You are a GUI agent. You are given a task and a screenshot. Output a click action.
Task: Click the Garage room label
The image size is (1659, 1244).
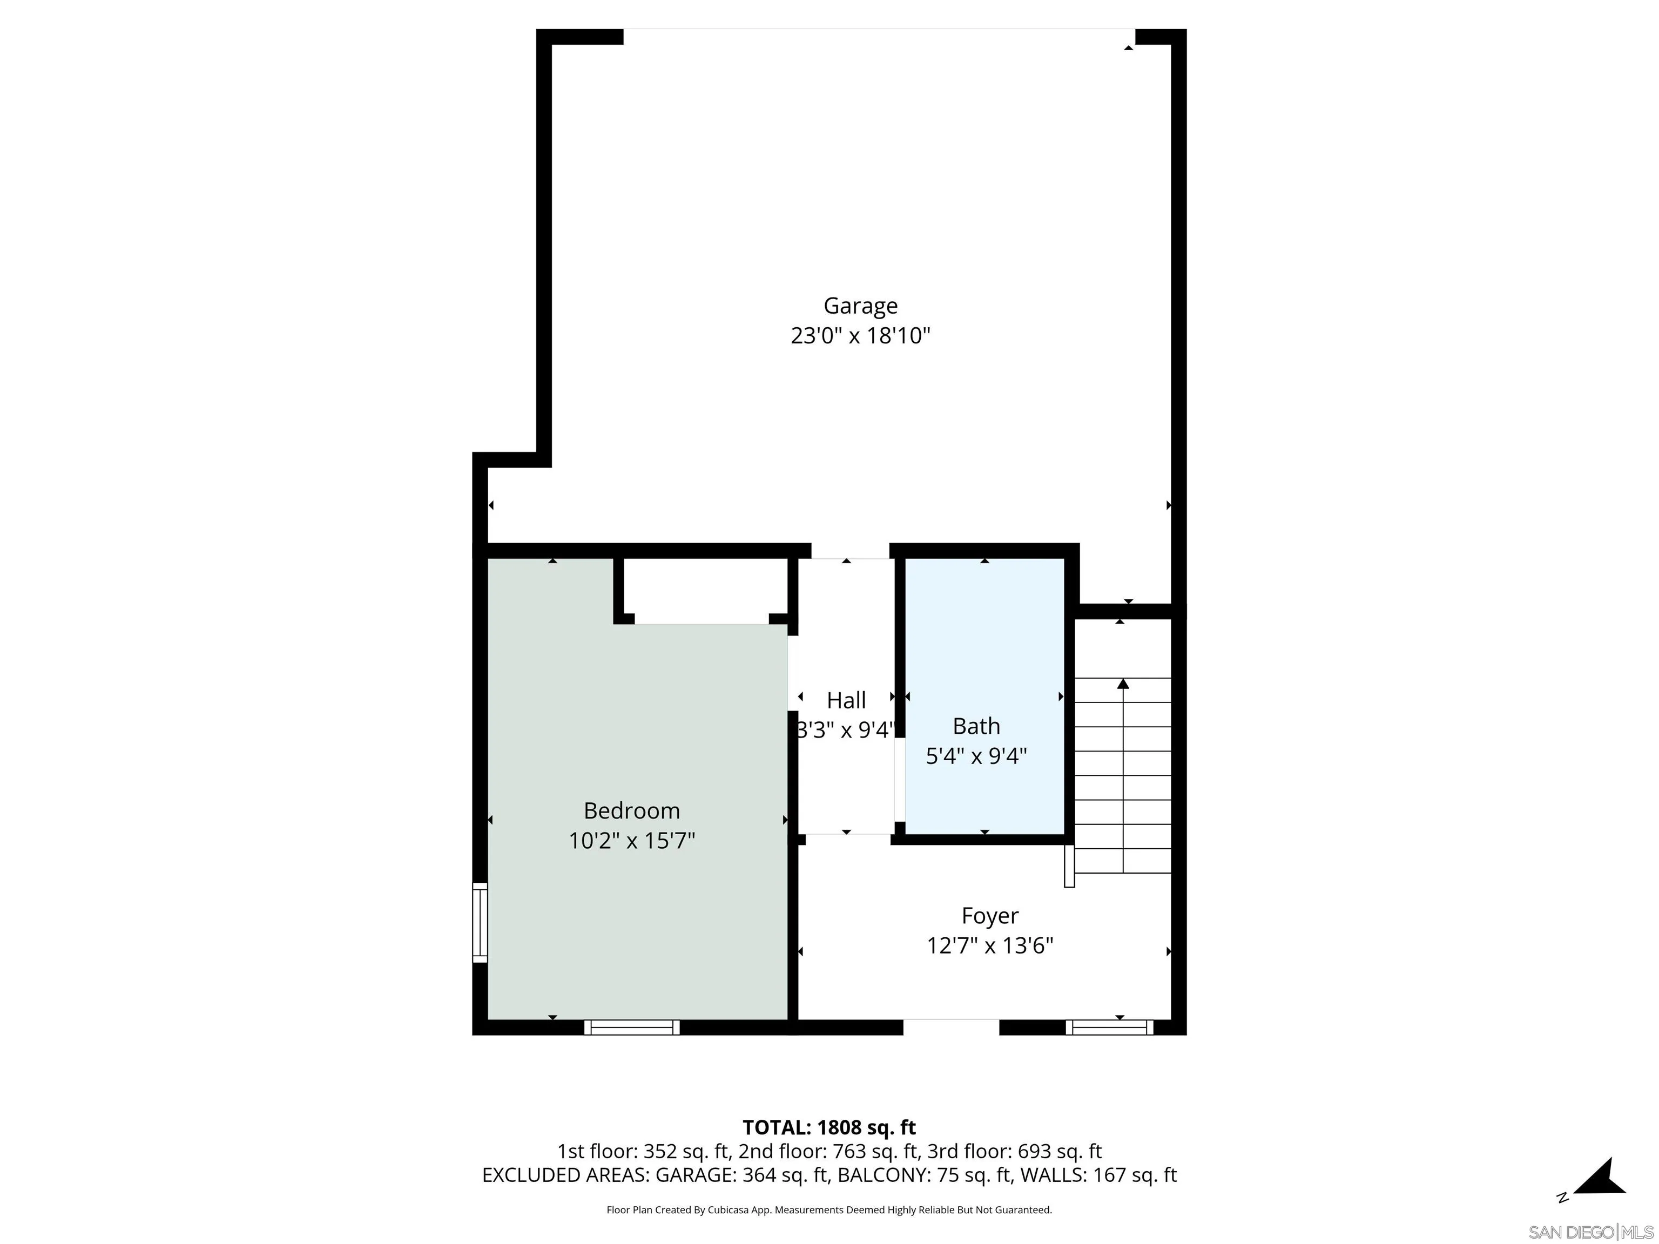point(860,306)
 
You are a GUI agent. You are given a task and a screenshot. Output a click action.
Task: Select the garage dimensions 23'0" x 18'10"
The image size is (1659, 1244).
point(860,335)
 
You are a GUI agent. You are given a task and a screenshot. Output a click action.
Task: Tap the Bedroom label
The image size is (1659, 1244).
point(631,810)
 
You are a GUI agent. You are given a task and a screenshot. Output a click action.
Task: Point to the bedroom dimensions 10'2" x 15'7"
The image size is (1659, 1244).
point(631,841)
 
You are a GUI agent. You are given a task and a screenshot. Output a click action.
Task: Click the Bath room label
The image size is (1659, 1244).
point(976,726)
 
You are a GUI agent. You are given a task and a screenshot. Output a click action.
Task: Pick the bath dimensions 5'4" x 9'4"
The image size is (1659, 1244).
point(976,756)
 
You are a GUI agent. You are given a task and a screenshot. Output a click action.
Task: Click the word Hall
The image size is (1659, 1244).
point(846,700)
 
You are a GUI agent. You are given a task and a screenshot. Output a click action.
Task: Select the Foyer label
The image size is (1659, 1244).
point(990,916)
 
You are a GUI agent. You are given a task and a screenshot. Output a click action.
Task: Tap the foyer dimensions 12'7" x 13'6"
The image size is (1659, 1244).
point(990,945)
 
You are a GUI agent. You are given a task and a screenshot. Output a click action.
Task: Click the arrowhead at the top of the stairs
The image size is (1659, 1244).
point(1123,683)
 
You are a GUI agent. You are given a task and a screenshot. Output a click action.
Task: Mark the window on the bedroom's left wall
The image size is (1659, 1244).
point(480,922)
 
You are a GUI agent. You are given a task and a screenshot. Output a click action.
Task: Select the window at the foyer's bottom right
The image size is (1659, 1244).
point(1110,1027)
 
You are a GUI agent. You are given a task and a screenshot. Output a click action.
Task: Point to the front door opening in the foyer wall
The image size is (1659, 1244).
point(951,1027)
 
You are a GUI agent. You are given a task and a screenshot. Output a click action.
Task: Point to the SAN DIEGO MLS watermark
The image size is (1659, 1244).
point(1591,1232)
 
